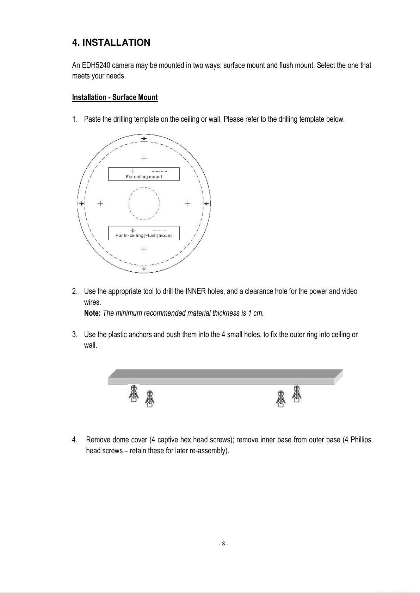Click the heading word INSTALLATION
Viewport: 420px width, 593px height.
116,43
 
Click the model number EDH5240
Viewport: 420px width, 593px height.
96,65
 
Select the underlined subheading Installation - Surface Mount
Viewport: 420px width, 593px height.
115,97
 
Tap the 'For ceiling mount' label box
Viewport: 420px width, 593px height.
144,174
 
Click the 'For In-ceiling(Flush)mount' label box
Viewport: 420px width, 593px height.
144,233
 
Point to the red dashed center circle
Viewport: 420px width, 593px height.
144,203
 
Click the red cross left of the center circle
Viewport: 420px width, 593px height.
101,203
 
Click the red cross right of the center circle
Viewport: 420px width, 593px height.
187,203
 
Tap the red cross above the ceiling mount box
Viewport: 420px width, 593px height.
144,158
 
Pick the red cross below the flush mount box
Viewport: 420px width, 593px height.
144,249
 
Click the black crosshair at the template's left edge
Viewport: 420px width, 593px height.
82,203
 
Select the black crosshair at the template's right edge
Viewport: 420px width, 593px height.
206,203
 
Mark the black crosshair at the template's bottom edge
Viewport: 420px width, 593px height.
144,269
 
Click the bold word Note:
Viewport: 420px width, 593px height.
92,313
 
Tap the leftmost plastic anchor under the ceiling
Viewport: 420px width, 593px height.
134,394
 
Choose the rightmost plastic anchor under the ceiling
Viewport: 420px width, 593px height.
297,394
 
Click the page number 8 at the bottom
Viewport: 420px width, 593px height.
223,544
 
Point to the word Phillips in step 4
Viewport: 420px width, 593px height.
361,440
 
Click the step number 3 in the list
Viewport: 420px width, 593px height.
74,335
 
